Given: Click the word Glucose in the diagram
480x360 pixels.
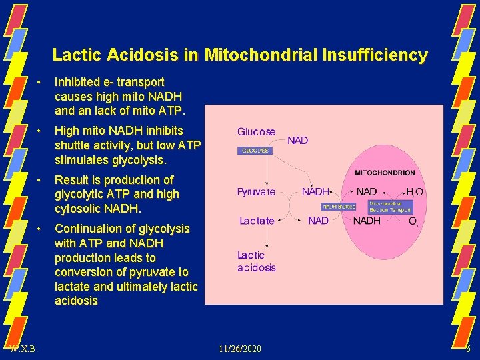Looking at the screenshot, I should [256, 132].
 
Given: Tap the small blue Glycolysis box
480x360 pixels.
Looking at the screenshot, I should [255, 151].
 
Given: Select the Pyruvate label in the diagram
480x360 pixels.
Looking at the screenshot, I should [256, 192].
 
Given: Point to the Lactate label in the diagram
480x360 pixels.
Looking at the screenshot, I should [257, 221].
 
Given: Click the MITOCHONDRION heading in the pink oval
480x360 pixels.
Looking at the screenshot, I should [385, 173].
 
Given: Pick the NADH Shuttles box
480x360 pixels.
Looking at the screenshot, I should [339, 207].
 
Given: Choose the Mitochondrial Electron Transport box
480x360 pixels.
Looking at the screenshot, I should [390, 207].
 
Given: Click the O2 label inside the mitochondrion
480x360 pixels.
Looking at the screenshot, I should [413, 221].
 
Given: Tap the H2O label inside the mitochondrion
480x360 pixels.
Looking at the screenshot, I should [415, 192].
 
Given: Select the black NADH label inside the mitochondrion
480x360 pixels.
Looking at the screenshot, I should [367, 221].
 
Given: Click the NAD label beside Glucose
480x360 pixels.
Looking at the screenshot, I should [297, 141].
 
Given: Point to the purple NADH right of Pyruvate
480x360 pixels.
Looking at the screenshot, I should [316, 192].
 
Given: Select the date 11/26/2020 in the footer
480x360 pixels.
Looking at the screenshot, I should [241, 349].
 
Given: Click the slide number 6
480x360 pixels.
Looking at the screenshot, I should [468, 349].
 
